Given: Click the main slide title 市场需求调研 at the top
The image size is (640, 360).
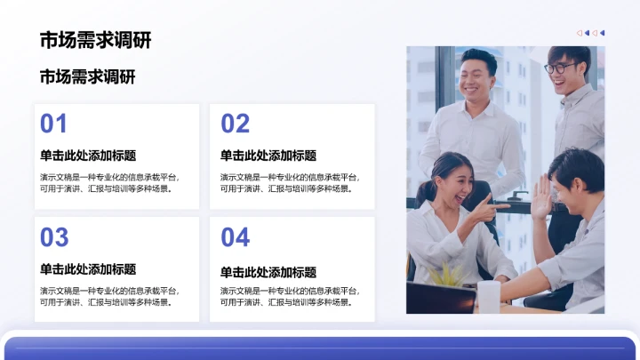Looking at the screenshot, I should tap(95, 41).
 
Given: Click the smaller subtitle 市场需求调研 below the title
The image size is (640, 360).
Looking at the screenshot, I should tap(88, 78).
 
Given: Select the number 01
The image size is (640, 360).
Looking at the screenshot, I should tap(54, 124).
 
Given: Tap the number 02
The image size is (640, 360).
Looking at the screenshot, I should tap(236, 124).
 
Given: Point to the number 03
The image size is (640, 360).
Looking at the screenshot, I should tap(54, 237).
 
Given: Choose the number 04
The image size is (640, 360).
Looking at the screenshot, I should tap(236, 237).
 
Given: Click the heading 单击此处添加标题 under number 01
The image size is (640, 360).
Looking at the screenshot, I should tap(88, 156).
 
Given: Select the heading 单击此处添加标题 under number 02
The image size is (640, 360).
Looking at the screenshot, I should tap(268, 156).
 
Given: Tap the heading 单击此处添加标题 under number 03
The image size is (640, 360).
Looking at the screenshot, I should tap(88, 269).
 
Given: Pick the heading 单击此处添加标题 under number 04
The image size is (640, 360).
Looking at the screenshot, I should tap(268, 272).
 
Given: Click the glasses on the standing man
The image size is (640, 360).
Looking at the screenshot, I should tap(558, 68).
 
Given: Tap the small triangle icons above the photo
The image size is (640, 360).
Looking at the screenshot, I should tap(590, 33).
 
